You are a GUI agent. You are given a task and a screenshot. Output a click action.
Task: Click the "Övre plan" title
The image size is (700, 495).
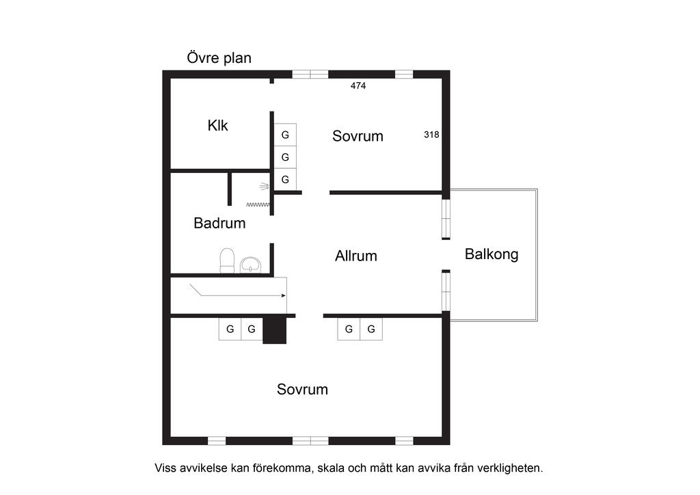click(x=219, y=58)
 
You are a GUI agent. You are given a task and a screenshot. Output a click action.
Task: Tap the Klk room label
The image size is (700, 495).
click(x=217, y=125)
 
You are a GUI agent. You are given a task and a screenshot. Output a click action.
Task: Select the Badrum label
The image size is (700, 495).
click(x=219, y=223)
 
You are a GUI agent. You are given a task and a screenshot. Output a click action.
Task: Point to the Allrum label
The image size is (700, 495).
click(x=355, y=256)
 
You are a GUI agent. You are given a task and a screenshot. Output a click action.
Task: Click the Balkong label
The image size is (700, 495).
click(x=492, y=254)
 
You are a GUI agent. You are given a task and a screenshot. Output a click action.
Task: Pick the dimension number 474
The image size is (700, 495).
click(x=358, y=85)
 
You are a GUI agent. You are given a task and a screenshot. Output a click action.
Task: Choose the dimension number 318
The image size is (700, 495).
click(x=431, y=135)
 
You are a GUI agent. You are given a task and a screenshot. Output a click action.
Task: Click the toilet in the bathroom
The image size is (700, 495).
click(x=227, y=260)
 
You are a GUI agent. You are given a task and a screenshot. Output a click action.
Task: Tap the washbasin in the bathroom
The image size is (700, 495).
click(x=250, y=265)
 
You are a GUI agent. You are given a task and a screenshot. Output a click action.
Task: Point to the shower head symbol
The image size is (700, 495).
click(x=264, y=186)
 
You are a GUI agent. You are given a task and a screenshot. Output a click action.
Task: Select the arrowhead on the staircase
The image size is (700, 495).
click(x=283, y=295)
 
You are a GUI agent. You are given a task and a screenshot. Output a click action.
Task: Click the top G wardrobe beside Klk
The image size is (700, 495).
click(x=285, y=135)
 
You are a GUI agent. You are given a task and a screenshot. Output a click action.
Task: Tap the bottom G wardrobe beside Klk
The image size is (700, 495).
click(x=285, y=179)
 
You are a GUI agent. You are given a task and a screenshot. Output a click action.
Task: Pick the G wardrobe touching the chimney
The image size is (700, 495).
click(x=252, y=329)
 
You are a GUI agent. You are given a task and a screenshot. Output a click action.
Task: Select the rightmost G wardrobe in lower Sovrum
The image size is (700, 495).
click(x=371, y=329)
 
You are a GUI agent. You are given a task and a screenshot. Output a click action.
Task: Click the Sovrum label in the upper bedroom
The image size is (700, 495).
click(x=358, y=136)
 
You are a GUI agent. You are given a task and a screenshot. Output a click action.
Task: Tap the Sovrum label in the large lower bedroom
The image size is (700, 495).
click(x=302, y=389)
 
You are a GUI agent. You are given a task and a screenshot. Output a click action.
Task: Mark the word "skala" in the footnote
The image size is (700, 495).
click(x=332, y=468)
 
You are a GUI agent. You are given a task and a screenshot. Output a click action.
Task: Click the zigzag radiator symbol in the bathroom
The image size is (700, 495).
click(x=258, y=204)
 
